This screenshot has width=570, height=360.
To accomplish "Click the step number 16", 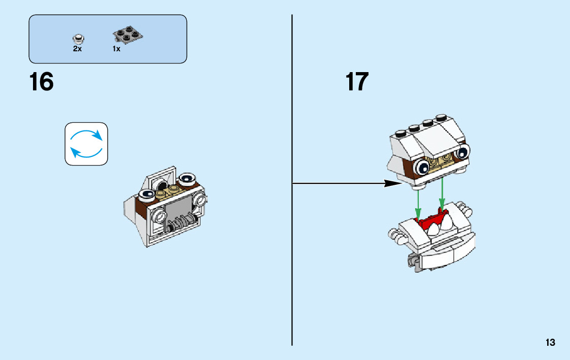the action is click(42, 82).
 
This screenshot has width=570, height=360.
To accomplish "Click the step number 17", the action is click(357, 82).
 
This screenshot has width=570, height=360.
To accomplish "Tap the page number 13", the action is click(550, 343).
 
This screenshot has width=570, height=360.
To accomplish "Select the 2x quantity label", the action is click(77, 49).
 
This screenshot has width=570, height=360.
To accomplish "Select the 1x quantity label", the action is click(116, 49).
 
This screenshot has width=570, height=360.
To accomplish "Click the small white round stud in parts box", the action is click(78, 38).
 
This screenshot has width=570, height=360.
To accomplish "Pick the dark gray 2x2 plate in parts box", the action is click(127, 36).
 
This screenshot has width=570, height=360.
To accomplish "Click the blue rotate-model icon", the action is click(86, 144).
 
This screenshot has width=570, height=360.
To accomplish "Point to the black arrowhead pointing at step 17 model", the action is click(393, 183).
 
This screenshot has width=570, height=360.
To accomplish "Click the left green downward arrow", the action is click(418, 204).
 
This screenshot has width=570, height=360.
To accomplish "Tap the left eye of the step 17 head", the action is click(421, 168).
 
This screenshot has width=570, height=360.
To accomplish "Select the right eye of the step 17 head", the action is click(462, 152).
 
